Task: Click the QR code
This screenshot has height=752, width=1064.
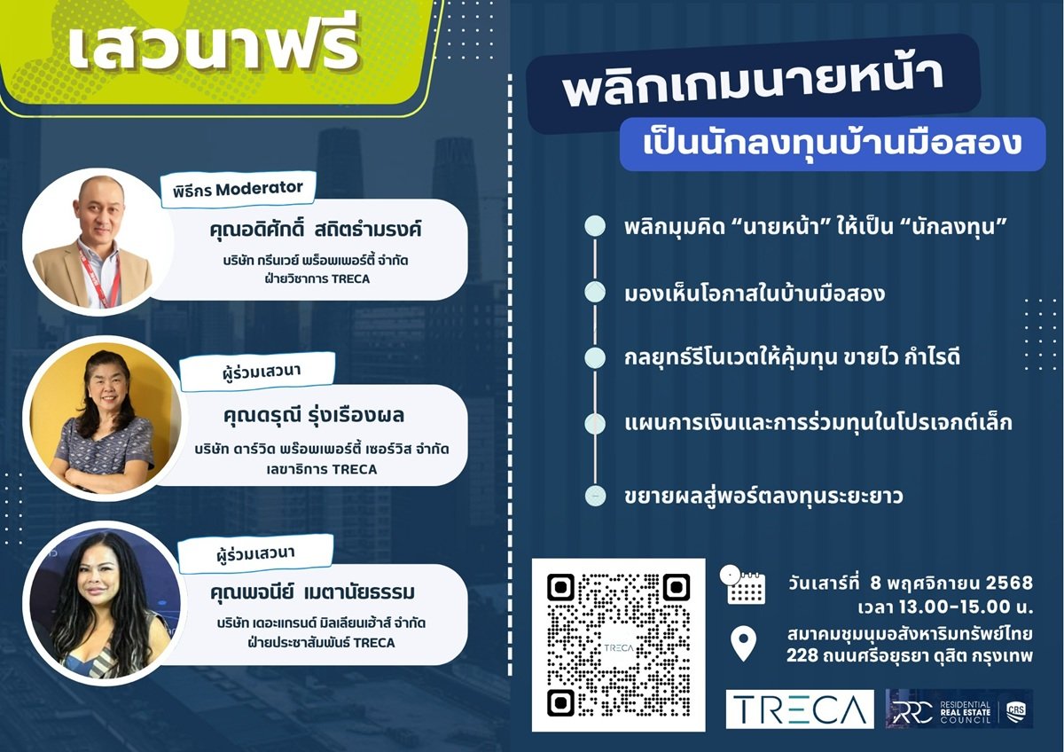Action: coord(618,646)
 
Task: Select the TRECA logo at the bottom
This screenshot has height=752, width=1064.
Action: coord(799,709)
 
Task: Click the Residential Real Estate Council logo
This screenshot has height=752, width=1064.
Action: coord(958,709)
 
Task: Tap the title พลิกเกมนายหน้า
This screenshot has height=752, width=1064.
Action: coord(753,88)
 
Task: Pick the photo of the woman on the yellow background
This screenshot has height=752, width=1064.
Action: coord(103,417)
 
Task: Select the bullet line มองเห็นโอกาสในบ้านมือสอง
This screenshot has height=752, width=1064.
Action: coord(754,294)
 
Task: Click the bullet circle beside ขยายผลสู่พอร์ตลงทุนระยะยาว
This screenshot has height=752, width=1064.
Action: coord(596,495)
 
